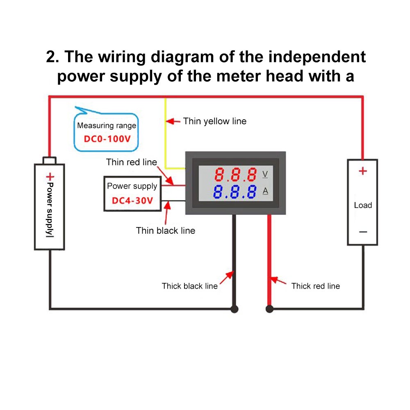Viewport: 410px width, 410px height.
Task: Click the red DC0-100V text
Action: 107,139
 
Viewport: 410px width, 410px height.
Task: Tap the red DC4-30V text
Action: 132,201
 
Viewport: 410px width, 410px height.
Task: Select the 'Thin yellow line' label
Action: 214,121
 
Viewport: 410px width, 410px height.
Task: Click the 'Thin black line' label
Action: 166,230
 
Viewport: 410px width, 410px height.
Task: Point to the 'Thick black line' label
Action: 189,286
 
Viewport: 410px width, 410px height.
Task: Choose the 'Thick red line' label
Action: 315,286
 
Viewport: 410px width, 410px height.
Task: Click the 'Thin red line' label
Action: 131,162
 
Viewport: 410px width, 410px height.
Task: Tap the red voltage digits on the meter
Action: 235,175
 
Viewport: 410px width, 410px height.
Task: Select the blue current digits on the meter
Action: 235,192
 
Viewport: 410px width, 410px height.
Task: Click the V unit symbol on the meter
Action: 265,174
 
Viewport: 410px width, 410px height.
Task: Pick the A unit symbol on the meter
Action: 265,191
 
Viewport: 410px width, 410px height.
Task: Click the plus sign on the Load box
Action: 362,171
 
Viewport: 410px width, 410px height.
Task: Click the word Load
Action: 363,205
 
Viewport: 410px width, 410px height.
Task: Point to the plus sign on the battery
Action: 50,177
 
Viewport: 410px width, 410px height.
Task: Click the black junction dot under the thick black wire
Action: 234,309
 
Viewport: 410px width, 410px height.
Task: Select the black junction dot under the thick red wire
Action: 269,309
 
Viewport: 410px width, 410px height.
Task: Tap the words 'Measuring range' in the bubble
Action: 107,125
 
